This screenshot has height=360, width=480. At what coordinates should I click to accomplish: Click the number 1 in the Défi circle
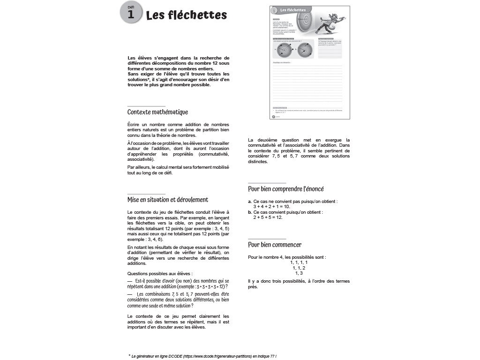click(130, 15)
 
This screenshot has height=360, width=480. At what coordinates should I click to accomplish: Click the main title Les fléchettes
click(186, 15)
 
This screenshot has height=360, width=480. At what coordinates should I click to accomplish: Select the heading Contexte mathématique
click(157, 112)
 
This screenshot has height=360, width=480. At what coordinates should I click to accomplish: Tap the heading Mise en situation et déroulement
click(167, 200)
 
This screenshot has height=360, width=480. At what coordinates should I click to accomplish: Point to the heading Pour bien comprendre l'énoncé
click(285, 189)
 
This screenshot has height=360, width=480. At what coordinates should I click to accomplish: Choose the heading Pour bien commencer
click(274, 245)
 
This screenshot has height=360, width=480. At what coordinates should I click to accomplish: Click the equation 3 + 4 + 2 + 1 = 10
click(272, 206)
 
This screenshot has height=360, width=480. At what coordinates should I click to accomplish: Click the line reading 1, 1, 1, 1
click(299, 262)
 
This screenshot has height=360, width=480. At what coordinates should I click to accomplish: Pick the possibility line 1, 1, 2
click(299, 268)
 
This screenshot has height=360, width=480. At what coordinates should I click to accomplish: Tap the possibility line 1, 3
click(299, 273)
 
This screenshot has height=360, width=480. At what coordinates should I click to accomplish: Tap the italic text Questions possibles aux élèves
click(160, 273)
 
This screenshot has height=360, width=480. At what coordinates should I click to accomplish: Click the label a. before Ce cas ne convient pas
click(250, 201)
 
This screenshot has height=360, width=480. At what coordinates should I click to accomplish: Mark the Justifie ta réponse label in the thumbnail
click(281, 62)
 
